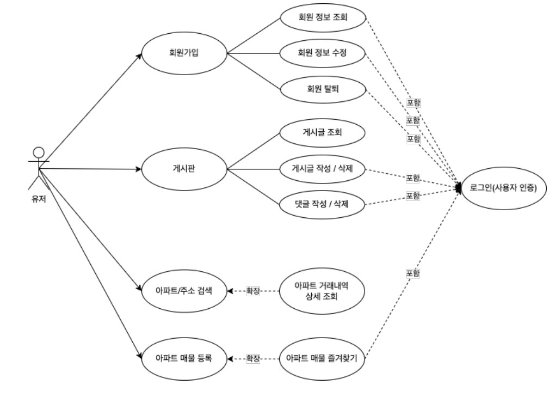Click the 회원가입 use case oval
tap(184, 54)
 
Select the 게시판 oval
tap(184, 169)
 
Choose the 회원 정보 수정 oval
tap(322, 53)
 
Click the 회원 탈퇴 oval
tap(322, 89)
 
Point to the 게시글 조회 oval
tap(322, 132)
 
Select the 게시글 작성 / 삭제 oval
tap(322, 168)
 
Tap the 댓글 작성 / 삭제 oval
tap(322, 205)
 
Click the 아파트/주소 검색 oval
tap(184, 290)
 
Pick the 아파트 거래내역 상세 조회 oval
tap(322, 291)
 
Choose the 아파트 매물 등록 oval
tap(184, 358)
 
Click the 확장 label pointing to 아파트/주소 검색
tap(253, 291)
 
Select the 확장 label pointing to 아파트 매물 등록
tap(253, 358)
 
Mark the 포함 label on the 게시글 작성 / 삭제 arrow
tap(413, 178)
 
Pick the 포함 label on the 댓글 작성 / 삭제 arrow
tap(413, 195)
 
